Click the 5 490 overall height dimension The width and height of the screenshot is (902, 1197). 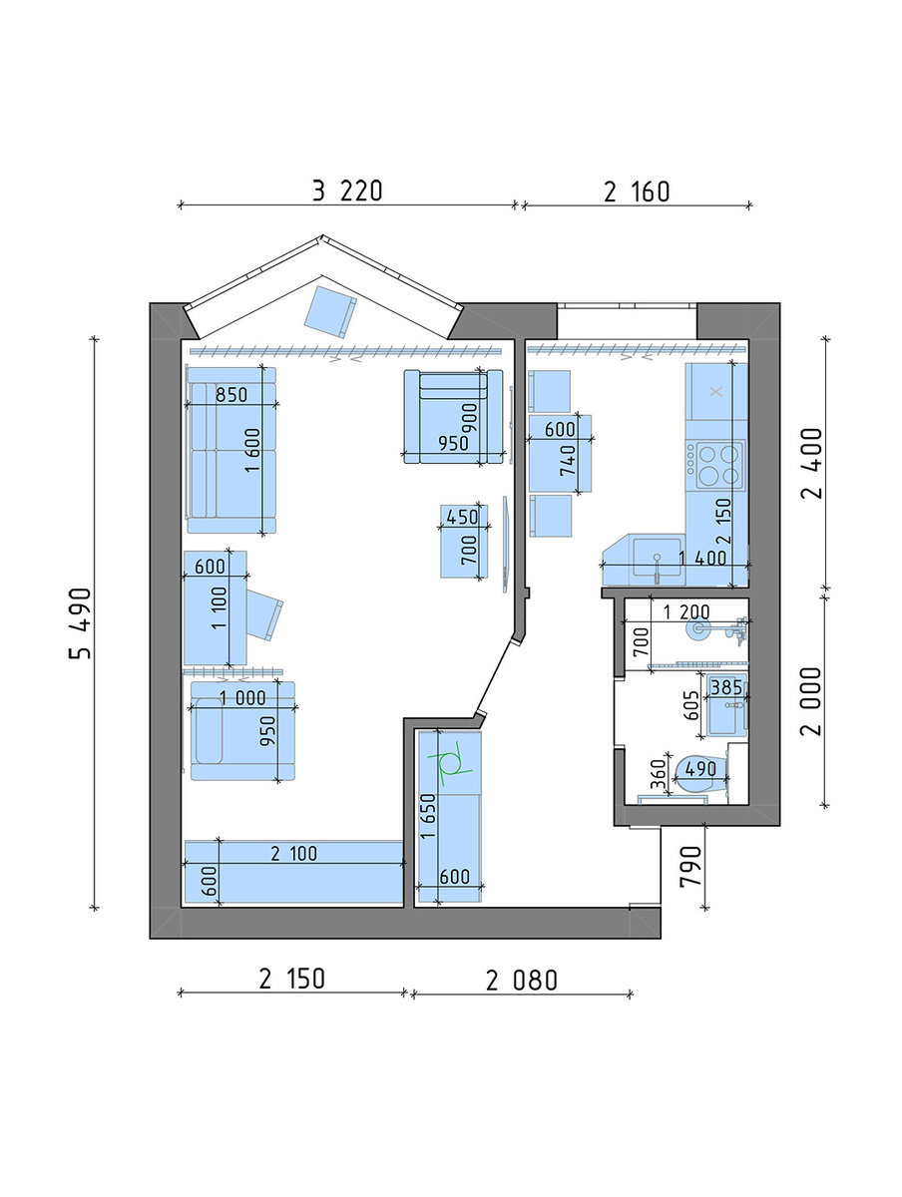click(80, 622)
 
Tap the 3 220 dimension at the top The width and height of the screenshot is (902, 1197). click(347, 192)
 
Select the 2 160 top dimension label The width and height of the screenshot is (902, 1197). click(636, 192)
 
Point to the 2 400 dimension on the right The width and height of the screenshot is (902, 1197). click(811, 463)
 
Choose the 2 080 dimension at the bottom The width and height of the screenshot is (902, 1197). click(522, 980)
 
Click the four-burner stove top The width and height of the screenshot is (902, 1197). click(715, 464)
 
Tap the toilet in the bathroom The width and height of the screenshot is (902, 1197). click(700, 774)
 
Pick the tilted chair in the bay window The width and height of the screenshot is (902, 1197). click(330, 311)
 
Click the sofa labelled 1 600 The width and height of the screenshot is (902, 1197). click(231, 449)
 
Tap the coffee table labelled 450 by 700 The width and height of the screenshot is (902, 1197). click(464, 541)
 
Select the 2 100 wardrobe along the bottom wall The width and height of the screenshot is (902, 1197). click(293, 872)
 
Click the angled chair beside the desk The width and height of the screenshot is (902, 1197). click(265, 614)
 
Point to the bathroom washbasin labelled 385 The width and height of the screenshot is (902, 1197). click(726, 704)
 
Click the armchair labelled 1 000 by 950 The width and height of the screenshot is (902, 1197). click(242, 730)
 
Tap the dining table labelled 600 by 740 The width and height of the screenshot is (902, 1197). click(560, 453)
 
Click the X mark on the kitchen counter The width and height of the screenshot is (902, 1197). click(716, 391)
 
